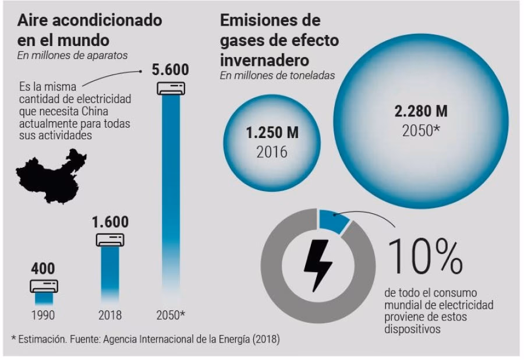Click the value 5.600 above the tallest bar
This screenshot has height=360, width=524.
[x=170, y=70]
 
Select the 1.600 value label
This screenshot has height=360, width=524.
[x=110, y=222]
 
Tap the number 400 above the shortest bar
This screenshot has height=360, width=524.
[x=44, y=269]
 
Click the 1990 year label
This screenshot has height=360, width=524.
[x=44, y=315]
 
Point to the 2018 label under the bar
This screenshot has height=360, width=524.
[x=110, y=315]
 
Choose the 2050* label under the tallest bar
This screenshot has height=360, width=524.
[x=171, y=315]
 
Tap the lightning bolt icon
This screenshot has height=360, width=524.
[x=318, y=265]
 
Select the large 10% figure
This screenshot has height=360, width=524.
[x=425, y=256]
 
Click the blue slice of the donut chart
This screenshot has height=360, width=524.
[x=334, y=221]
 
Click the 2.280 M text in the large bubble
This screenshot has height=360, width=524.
[x=421, y=111]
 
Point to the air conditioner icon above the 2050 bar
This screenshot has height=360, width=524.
[x=171, y=87]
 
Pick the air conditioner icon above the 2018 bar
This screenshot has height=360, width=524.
[x=110, y=239]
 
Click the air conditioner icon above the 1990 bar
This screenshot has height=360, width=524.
[x=44, y=285]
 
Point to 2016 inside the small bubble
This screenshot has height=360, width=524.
[x=272, y=151]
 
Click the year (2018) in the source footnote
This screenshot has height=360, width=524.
[x=265, y=339]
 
